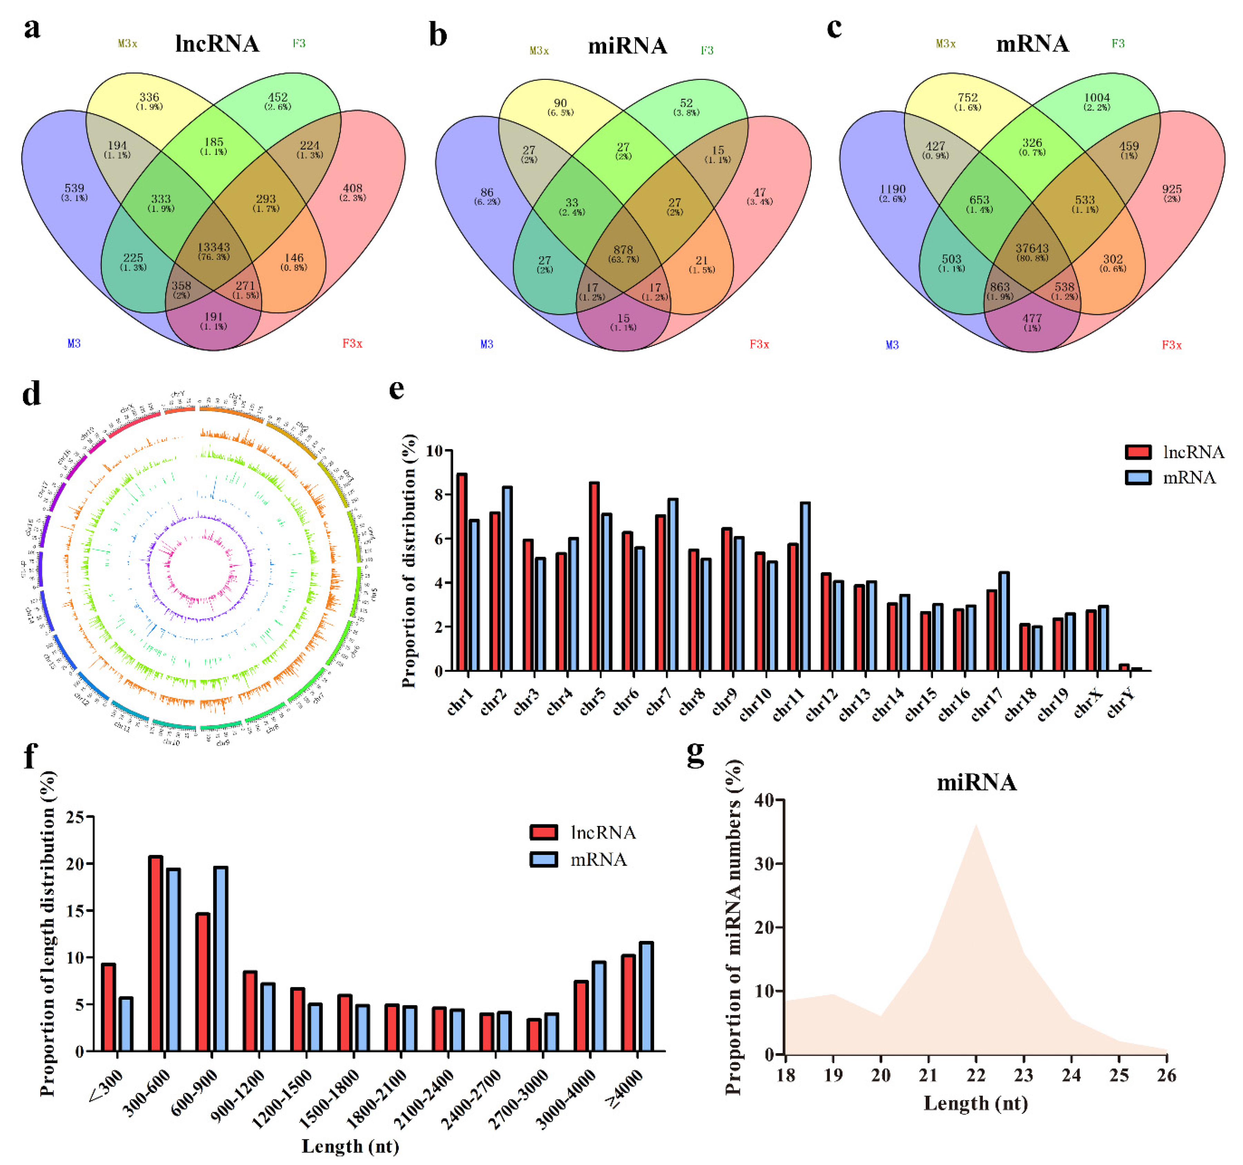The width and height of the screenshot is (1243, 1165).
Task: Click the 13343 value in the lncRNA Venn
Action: [213, 247]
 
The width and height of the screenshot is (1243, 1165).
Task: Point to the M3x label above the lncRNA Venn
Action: [128, 44]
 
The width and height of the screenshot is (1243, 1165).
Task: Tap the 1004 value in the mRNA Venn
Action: [1097, 98]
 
